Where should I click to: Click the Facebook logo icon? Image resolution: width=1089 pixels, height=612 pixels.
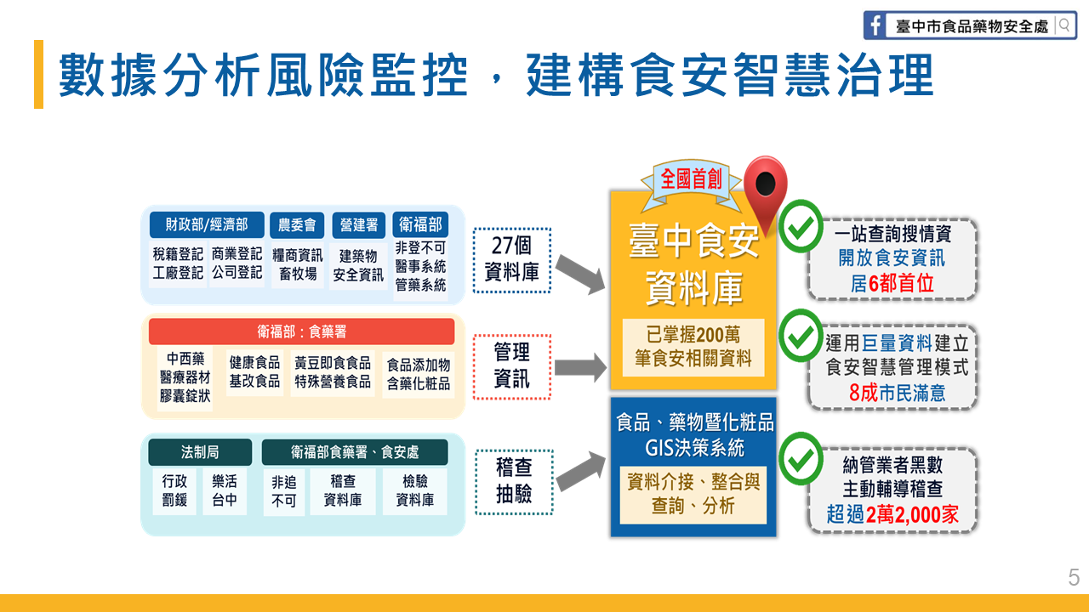click(x=874, y=25)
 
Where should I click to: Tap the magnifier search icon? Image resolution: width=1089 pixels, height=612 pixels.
click(x=1063, y=25)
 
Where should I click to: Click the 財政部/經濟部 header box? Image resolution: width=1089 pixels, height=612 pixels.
click(x=207, y=224)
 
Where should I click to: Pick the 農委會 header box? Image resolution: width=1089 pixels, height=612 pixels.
click(x=297, y=225)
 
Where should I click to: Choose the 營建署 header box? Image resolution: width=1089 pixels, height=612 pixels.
click(x=359, y=225)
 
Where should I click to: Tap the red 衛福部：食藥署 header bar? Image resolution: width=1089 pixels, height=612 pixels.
click(x=301, y=331)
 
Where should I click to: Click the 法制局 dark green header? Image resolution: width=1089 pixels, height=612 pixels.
click(x=200, y=452)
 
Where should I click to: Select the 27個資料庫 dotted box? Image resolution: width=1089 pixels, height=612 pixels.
click(x=512, y=260)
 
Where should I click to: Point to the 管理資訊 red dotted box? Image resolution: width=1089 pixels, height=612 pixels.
click(x=512, y=366)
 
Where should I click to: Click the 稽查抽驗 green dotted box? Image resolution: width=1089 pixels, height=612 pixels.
click(x=514, y=482)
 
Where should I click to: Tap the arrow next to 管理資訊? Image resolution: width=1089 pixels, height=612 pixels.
click(x=580, y=368)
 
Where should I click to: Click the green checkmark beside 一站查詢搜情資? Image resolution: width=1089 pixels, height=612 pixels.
click(x=801, y=226)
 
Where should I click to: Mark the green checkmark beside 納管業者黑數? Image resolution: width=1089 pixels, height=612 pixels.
click(x=801, y=458)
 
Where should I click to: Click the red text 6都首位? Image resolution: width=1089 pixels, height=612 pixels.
click(x=901, y=283)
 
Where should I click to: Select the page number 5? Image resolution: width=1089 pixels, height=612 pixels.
click(x=1074, y=577)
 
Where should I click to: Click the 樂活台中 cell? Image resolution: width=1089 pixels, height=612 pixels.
click(x=224, y=490)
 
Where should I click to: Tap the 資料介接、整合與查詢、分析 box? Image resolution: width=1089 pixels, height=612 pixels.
click(x=693, y=495)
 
